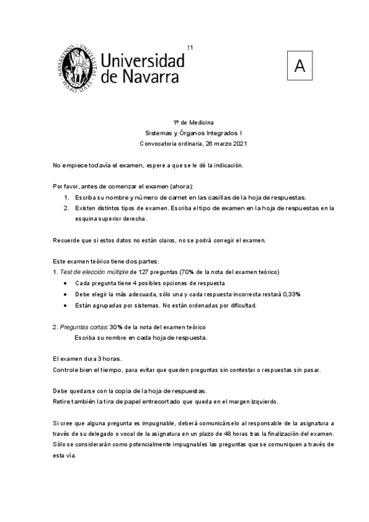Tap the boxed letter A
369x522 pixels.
tap(299, 66)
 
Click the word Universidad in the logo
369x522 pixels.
tap(142, 60)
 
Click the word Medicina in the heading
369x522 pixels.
tap(202, 122)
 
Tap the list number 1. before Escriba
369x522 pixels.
tap(67, 197)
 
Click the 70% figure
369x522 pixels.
tap(187, 271)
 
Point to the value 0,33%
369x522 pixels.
tap(291, 294)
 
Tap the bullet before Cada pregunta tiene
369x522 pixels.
tap(66, 283)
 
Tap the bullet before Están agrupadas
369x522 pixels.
tap(66, 305)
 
